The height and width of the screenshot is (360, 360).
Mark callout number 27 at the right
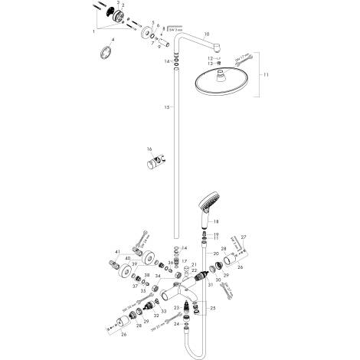tap(244, 238)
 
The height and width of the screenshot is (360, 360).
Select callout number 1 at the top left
tap(94, 31)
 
